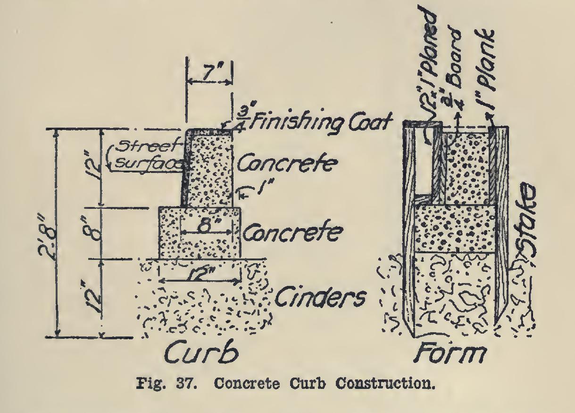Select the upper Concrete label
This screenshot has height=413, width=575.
[x=287, y=164]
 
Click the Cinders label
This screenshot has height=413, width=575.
[x=321, y=298]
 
